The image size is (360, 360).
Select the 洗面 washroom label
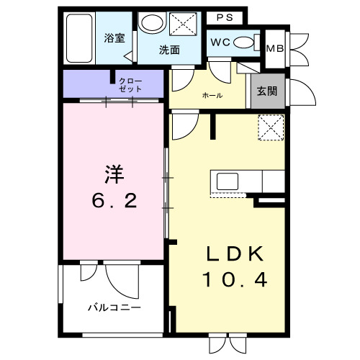[x=169, y=50]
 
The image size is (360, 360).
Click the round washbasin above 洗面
[x=151, y=24]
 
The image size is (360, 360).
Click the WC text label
[x=220, y=41]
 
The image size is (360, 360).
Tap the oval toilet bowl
[x=245, y=42]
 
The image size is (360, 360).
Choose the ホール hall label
[x=212, y=95]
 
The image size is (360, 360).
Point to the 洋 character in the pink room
[x=114, y=174]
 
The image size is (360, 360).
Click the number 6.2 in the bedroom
[x=114, y=200]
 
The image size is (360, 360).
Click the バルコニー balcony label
[x=114, y=307]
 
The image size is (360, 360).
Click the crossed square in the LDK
[x=271, y=127]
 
